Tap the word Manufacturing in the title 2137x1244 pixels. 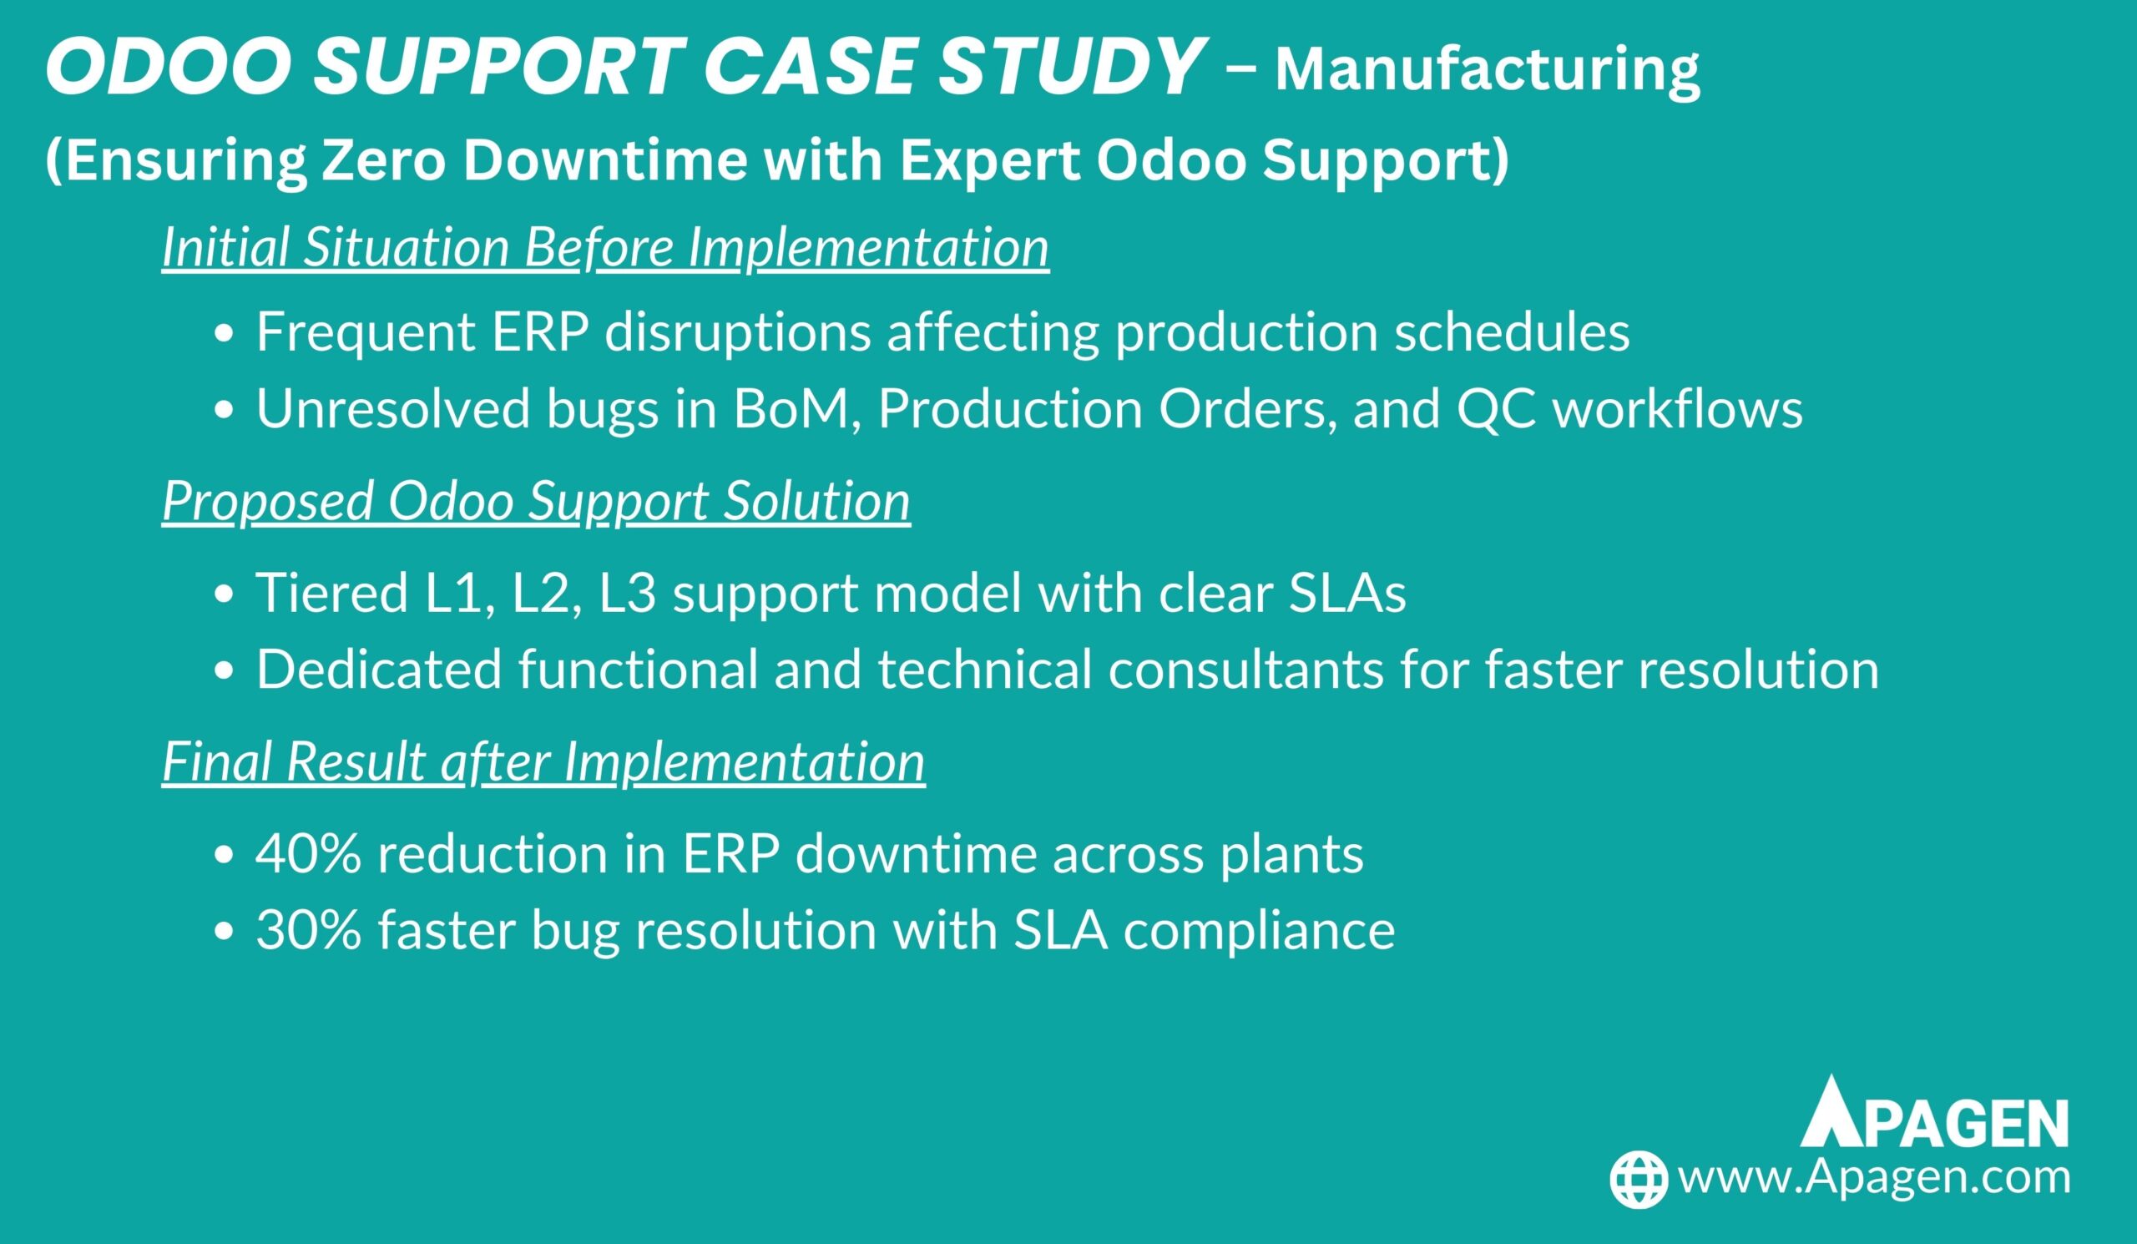(1488, 71)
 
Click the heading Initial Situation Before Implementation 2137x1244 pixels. (605, 248)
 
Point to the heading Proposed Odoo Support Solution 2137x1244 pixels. (536, 501)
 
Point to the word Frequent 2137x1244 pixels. (365, 332)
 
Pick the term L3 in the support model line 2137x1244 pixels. (628, 593)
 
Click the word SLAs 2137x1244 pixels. (1347, 593)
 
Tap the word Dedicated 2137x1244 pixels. (379, 669)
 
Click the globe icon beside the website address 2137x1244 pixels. (1639, 1179)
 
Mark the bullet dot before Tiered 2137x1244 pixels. (224, 596)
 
